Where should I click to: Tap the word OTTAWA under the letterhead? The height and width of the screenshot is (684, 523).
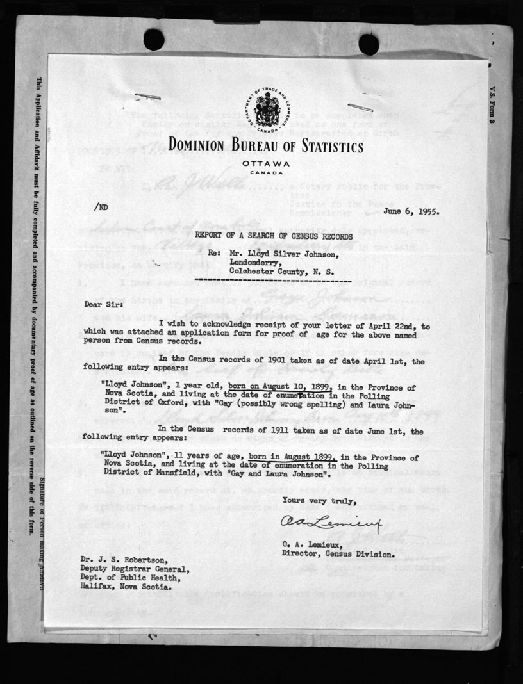pos(266,164)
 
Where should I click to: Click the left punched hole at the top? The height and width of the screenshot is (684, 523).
pos(154,40)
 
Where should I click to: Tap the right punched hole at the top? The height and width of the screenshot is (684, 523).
pos(369,44)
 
